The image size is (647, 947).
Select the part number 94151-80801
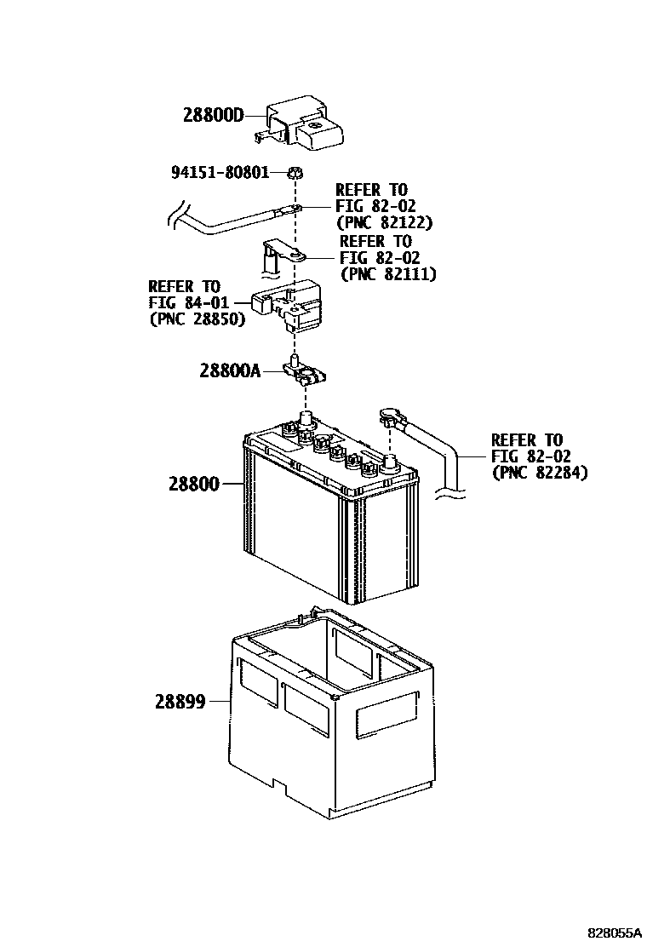pos(220,173)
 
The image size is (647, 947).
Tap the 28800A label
pos(230,370)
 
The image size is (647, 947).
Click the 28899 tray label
pos(180,703)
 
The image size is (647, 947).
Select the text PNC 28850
pos(197,319)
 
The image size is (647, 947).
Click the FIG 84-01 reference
pos(185,302)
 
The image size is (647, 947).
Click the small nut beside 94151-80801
pos(294,173)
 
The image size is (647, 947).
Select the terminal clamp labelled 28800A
pos(303,374)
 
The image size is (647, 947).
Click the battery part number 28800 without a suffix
pos(194,484)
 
